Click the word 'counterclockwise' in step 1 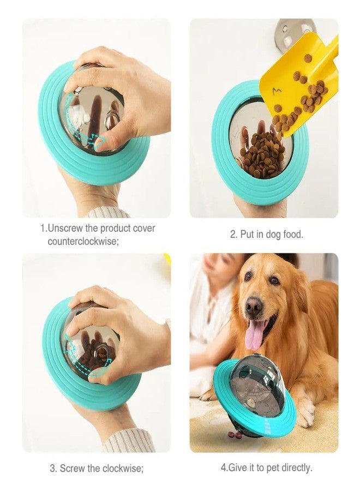click(83, 241)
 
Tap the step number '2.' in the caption click(233, 234)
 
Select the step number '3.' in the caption click(53, 468)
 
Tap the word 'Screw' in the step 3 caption click(71, 468)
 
